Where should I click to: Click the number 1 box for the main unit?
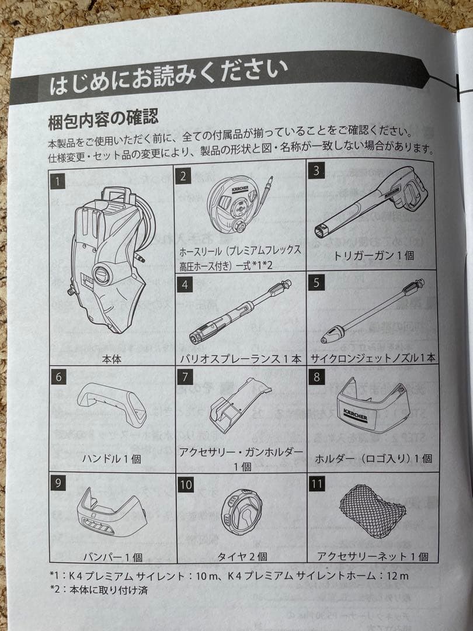pyautogui.click(x=58, y=181)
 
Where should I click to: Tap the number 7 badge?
pyautogui.click(x=185, y=377)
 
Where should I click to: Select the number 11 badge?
pyautogui.click(x=317, y=484)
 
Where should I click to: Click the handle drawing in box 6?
pyautogui.click(x=112, y=404)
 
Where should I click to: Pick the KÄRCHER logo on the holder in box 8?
pyautogui.click(x=355, y=414)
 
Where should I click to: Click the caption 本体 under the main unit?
pyautogui.click(x=112, y=359)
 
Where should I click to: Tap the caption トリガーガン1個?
pyautogui.click(x=374, y=255)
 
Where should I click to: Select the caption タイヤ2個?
pyautogui.click(x=242, y=557)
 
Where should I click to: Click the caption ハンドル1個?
pyautogui.click(x=112, y=459)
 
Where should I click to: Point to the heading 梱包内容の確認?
pyautogui.click(x=103, y=120)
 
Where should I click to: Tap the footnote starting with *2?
pyautogui.click(x=99, y=590)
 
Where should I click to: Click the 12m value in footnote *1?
pyautogui.click(x=398, y=576)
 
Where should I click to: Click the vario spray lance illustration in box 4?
pyautogui.click(x=241, y=312)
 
